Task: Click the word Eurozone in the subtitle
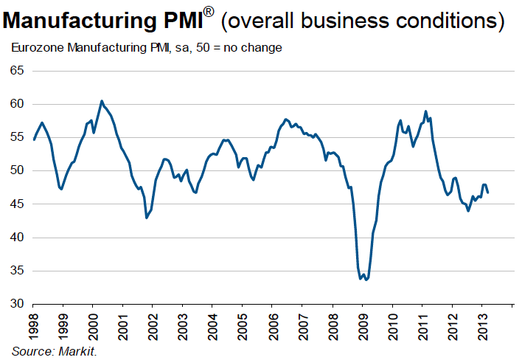point(34,48)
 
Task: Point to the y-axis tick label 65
point(17,71)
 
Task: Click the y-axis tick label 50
point(17,170)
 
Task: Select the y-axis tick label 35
point(17,271)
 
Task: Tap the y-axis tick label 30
point(17,304)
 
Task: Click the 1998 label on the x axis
point(33,324)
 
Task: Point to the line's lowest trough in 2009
point(366,280)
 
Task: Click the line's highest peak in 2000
point(102,101)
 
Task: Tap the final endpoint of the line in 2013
point(488,192)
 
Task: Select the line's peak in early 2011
point(425,111)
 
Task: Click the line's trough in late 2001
point(146,218)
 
